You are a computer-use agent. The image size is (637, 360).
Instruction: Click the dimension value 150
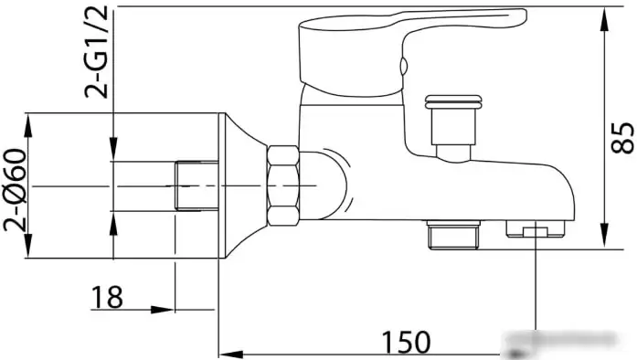pos(407,342)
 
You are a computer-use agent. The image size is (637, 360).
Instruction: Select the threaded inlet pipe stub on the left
pos(196,185)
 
